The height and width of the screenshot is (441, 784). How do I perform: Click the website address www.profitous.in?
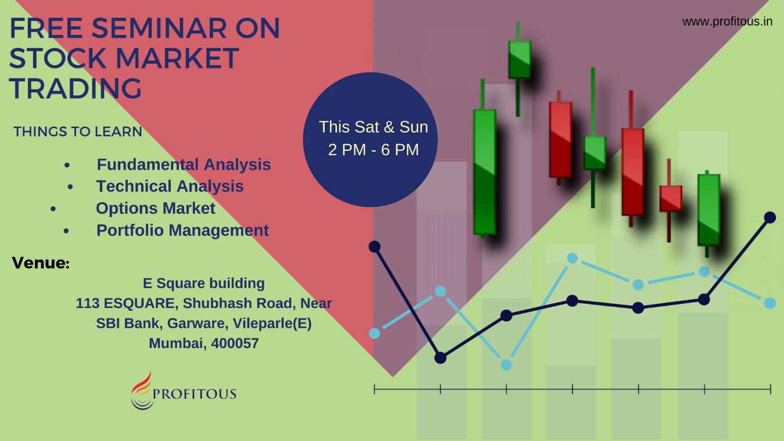coord(727,21)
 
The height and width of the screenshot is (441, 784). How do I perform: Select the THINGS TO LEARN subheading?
coord(78,132)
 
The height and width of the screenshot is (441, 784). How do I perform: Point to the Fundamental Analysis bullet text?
coord(184,164)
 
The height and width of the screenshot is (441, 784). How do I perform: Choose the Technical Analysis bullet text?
coord(170,187)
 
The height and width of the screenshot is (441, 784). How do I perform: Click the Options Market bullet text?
coord(156,209)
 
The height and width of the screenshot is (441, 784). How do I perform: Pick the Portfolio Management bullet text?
coord(182,231)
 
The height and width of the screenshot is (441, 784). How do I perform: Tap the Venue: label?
coord(41,263)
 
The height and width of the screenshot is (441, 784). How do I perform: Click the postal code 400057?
coord(235,343)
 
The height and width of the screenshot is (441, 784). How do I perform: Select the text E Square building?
coord(204,284)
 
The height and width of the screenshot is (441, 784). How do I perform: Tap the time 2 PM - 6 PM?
coord(373,149)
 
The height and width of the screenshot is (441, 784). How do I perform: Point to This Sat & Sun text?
coord(373,127)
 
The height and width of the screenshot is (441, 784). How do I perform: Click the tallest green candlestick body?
coord(485,171)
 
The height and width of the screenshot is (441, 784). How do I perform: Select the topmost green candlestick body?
coord(520,59)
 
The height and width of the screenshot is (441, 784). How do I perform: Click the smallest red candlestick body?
coord(671,198)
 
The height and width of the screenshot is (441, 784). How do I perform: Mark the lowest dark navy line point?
coord(440,358)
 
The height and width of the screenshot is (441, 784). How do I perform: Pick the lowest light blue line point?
coord(506,365)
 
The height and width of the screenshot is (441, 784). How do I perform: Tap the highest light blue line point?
coord(572,258)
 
